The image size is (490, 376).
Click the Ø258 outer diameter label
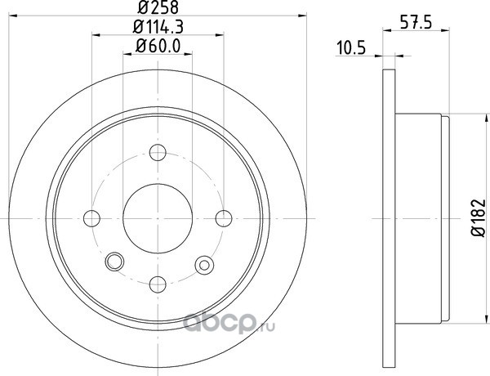coord(158,7)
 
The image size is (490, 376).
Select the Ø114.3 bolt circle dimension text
coord(158,27)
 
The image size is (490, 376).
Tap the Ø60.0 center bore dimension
coord(158,47)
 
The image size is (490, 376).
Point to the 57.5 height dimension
coord(416,23)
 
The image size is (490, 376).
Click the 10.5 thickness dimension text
coord(351,48)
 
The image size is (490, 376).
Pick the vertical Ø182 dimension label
coord(479,217)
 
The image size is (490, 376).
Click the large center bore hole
coord(158,218)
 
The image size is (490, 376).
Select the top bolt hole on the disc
coord(158,152)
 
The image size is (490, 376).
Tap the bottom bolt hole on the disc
coord(158,284)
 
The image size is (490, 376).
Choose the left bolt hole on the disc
coord(91,218)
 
